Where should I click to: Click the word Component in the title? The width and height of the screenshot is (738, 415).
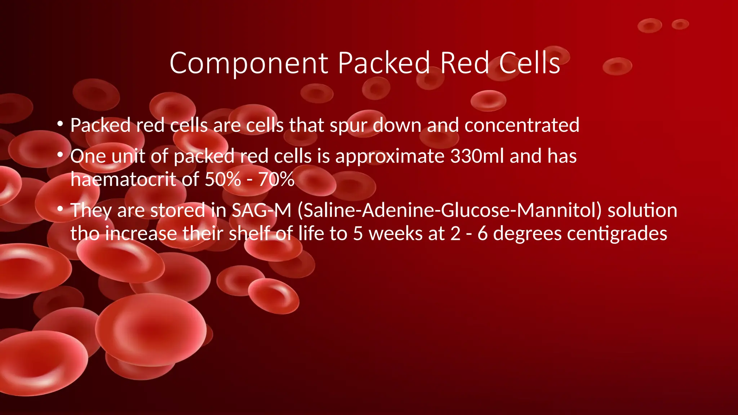click(248, 63)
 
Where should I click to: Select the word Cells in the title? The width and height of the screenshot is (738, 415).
click(529, 63)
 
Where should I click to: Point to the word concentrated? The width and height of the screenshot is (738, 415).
click(522, 125)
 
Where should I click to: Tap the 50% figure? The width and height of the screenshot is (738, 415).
click(223, 179)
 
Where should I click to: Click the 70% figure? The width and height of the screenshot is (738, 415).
click(276, 179)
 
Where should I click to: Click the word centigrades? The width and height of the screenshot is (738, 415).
click(617, 234)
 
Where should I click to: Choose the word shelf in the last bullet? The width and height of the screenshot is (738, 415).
click(250, 233)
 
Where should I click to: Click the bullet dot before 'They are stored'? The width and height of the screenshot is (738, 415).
click(60, 209)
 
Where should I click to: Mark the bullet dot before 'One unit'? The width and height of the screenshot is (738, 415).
click(60, 155)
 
